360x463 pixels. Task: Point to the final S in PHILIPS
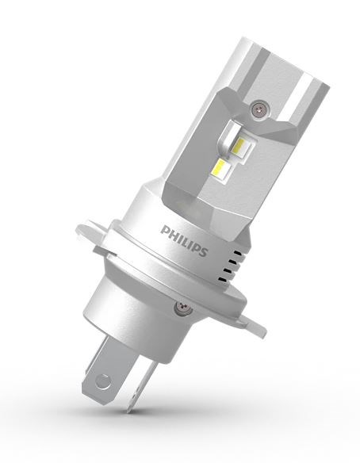[x=203, y=252]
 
